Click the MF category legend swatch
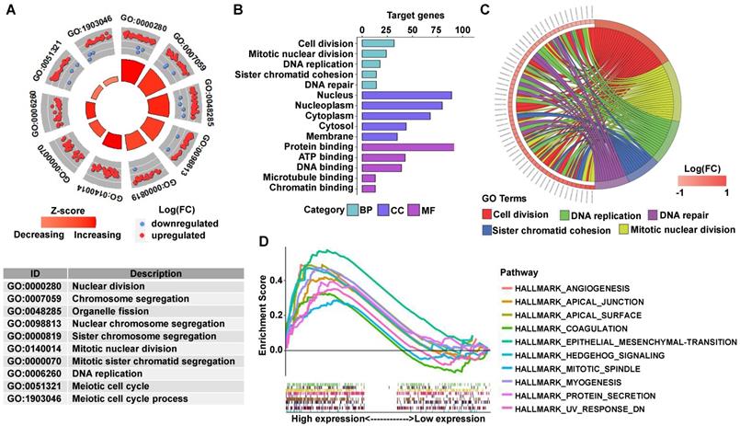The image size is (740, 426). point(421,212)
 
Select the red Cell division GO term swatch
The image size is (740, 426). point(486,215)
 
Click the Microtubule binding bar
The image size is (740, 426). point(370,178)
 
